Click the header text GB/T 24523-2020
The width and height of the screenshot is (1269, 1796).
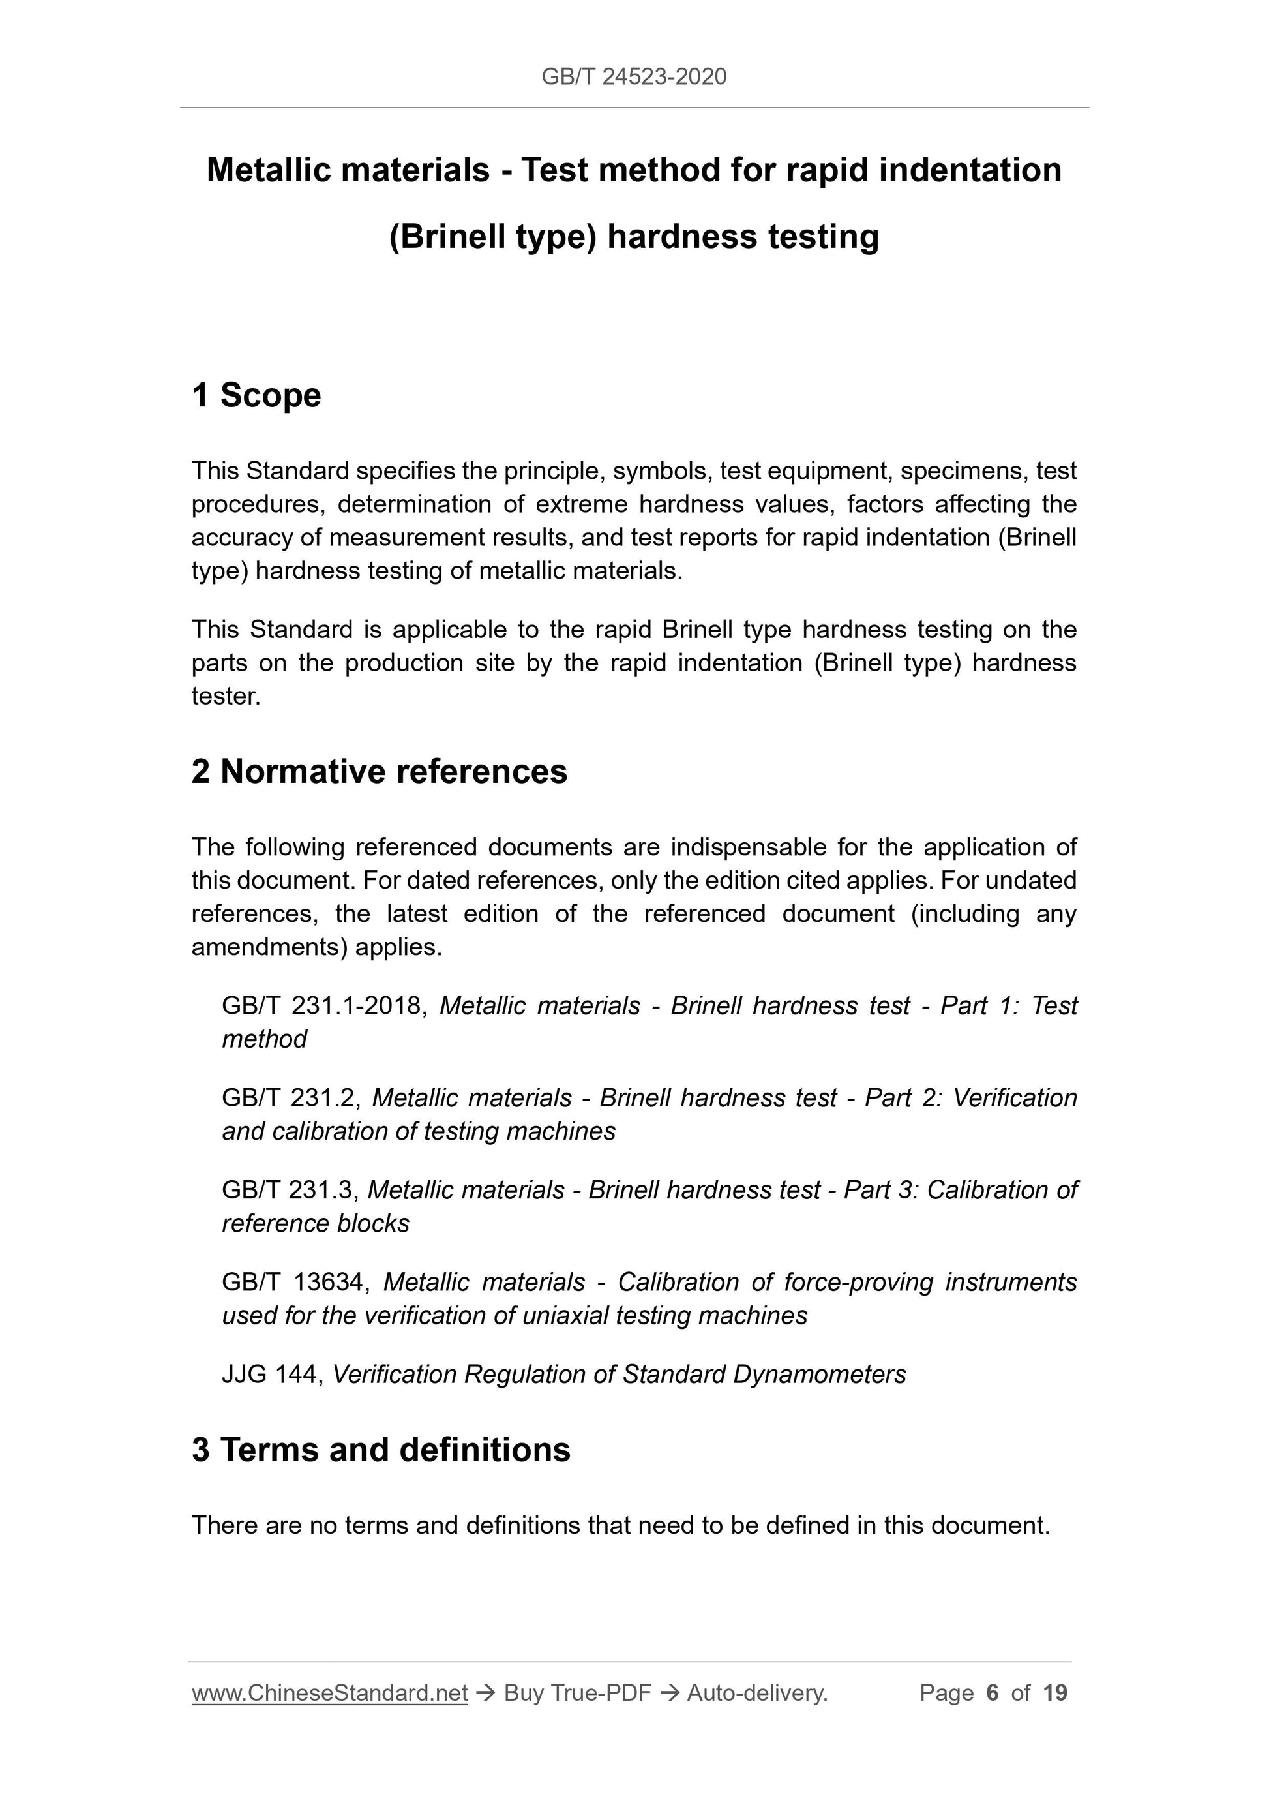tap(633, 77)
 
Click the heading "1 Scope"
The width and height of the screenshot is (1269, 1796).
tap(256, 395)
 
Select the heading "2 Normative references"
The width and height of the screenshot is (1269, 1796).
tap(380, 771)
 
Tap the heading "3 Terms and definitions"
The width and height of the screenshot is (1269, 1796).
tap(381, 1450)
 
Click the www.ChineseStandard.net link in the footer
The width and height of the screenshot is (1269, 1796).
tap(329, 1693)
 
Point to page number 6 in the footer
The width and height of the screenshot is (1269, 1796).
tap(993, 1693)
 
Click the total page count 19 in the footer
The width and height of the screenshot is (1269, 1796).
tap(1054, 1693)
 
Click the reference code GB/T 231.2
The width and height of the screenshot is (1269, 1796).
tap(290, 1098)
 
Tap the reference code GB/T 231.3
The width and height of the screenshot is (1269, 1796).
tap(290, 1191)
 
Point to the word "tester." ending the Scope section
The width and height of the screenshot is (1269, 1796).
tap(225, 696)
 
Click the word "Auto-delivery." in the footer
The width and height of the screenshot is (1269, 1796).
tap(757, 1693)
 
